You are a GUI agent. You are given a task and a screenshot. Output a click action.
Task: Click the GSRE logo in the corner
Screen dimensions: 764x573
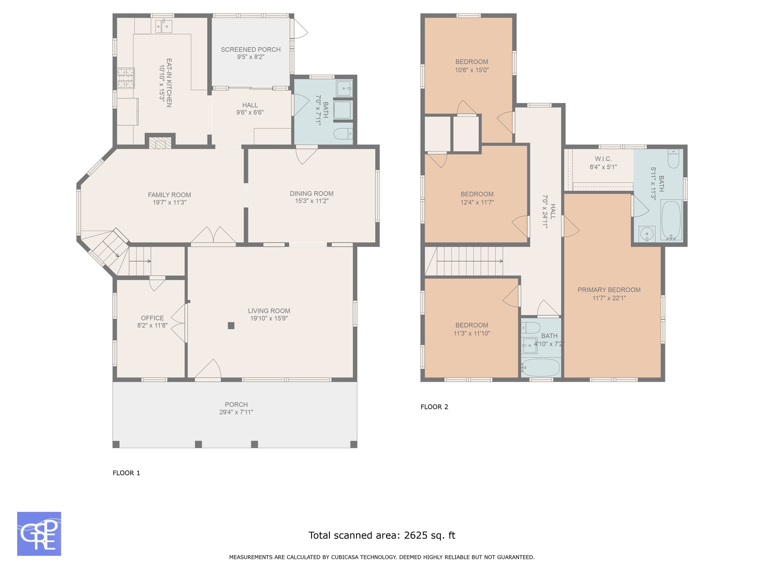click(39, 534)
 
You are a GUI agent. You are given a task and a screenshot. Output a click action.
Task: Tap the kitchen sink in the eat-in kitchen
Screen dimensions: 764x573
click(163, 26)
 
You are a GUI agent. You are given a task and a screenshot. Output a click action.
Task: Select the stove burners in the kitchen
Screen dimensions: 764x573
click(126, 78)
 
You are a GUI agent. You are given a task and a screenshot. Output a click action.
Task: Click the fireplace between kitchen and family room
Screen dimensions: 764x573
click(160, 143)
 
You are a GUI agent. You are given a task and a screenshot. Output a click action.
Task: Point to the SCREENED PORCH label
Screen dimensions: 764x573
click(251, 50)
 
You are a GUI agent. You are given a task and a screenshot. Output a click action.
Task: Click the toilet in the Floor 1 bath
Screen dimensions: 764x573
click(343, 134)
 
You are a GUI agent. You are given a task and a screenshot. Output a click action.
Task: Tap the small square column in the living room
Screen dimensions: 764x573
click(231, 326)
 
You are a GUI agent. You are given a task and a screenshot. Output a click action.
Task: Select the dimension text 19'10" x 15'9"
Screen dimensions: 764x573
click(269, 319)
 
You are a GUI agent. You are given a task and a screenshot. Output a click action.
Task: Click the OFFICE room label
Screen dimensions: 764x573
click(153, 318)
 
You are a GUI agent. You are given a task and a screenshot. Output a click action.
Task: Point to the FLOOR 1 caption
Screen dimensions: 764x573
click(126, 473)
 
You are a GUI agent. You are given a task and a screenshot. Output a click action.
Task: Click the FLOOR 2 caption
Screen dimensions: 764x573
click(434, 407)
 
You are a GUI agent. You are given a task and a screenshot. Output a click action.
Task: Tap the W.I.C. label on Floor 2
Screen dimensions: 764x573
click(603, 159)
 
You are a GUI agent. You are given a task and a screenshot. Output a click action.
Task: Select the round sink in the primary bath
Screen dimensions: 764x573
click(647, 234)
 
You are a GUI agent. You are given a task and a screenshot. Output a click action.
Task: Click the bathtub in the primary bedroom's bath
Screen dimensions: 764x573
click(671, 220)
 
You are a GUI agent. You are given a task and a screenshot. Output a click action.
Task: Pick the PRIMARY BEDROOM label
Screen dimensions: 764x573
click(609, 290)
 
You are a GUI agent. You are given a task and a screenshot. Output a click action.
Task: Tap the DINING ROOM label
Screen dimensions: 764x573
click(312, 194)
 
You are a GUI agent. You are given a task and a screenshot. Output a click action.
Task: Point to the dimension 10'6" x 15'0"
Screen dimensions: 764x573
click(472, 70)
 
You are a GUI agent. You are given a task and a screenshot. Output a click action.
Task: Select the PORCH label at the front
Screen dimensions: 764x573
click(236, 405)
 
